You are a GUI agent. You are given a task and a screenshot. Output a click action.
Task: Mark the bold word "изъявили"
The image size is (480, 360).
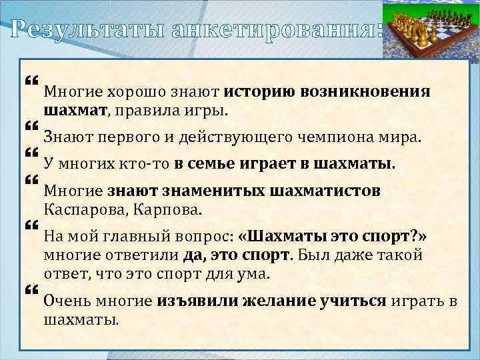click(193, 301)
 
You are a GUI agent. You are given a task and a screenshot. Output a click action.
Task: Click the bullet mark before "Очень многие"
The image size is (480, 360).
click(30, 290)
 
